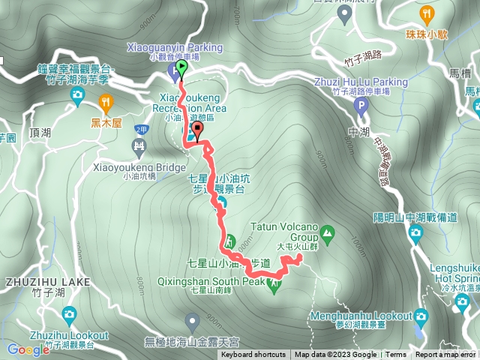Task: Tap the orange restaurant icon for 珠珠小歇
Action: pos(427,13)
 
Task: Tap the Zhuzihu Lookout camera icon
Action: pos(70,313)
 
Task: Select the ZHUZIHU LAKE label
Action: pos(46,282)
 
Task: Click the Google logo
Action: pos(28,349)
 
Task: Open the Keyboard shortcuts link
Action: pos(253,355)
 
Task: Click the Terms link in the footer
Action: pos(396,355)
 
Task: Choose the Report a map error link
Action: pos(445,355)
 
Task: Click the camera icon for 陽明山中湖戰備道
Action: pos(415,232)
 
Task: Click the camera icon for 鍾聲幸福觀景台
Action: pos(77,94)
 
